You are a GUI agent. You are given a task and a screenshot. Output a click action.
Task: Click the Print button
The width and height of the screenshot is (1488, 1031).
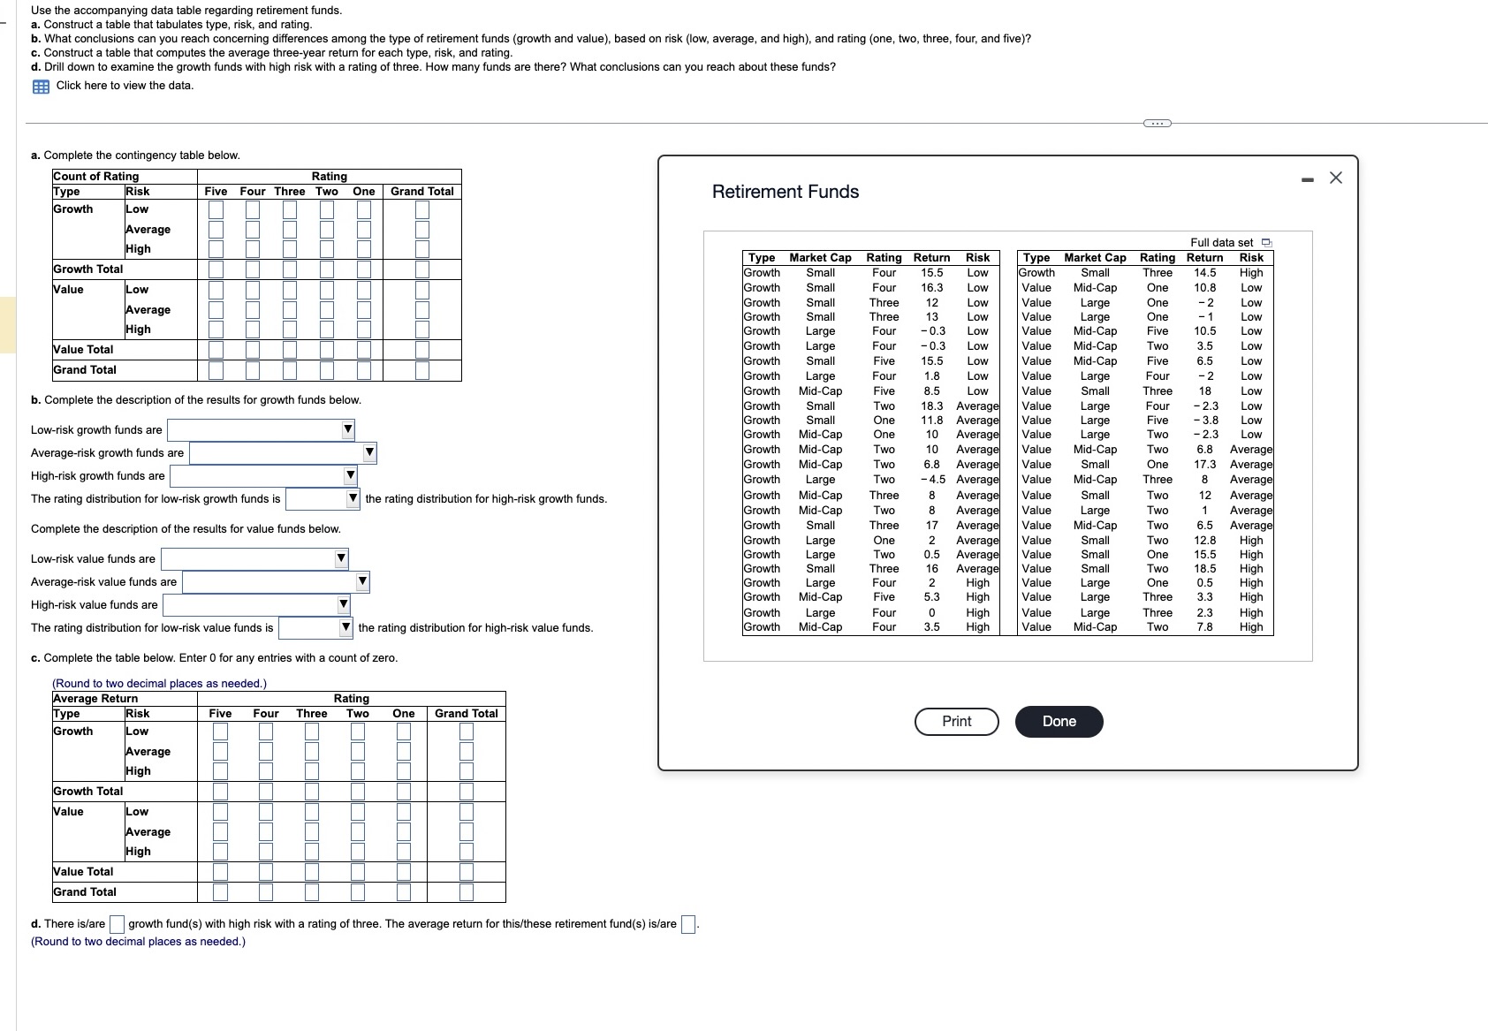click(956, 721)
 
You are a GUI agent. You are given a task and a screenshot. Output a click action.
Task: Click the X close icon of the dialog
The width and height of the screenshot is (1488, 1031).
click(1335, 178)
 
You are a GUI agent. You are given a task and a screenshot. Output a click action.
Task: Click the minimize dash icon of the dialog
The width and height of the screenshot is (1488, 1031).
click(1308, 179)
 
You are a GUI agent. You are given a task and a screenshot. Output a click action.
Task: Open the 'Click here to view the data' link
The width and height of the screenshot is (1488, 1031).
click(124, 86)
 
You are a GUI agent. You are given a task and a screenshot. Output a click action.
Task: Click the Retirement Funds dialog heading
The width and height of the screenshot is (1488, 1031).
click(785, 192)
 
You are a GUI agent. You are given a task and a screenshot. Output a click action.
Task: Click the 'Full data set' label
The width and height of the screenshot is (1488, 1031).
click(1221, 242)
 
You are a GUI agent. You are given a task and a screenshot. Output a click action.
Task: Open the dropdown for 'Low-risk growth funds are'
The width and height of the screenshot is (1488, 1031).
click(262, 430)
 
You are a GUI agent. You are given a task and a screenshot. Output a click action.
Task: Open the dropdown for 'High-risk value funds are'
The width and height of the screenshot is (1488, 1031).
click(256, 605)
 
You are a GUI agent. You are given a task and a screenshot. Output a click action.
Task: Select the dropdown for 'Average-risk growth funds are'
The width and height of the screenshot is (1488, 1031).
click(283, 453)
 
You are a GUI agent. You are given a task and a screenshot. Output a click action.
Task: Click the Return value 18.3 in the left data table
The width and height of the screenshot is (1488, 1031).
click(931, 406)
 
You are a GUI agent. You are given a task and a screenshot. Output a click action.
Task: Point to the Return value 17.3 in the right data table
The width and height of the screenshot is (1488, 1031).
click(1204, 464)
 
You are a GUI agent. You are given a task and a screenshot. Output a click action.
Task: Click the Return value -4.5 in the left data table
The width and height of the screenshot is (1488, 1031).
click(931, 480)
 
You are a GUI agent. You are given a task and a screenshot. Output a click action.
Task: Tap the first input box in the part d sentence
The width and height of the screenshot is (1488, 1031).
click(117, 924)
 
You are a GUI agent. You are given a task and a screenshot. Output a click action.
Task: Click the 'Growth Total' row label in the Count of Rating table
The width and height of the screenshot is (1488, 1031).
click(87, 269)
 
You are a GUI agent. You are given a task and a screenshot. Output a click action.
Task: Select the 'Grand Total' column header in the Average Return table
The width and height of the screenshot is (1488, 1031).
click(466, 713)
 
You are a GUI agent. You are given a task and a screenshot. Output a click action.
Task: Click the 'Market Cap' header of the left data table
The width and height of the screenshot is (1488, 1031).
click(820, 257)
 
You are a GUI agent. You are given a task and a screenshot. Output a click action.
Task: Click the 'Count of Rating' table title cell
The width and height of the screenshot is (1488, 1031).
click(95, 177)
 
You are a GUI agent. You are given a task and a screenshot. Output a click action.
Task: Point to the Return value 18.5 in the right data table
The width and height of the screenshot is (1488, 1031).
click(1204, 568)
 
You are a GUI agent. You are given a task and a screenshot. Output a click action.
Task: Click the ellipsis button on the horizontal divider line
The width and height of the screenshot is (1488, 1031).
click(1157, 123)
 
